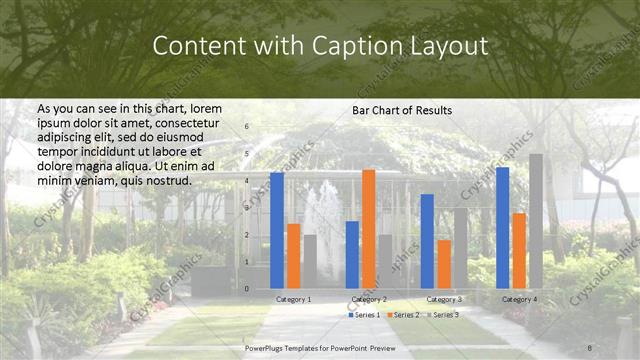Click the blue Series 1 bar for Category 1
[x=277, y=230]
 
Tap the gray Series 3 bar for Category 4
[x=536, y=221]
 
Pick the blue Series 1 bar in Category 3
[x=427, y=241]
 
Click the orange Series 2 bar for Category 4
[x=519, y=250]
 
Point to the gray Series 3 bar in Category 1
[x=310, y=261]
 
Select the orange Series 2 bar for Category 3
[x=444, y=264]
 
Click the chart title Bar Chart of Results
[x=402, y=110]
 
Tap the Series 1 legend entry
[x=364, y=315]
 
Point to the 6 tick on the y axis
[x=247, y=127]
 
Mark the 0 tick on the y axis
[x=247, y=289]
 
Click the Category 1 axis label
[x=293, y=299]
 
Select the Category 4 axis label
[x=519, y=299]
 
